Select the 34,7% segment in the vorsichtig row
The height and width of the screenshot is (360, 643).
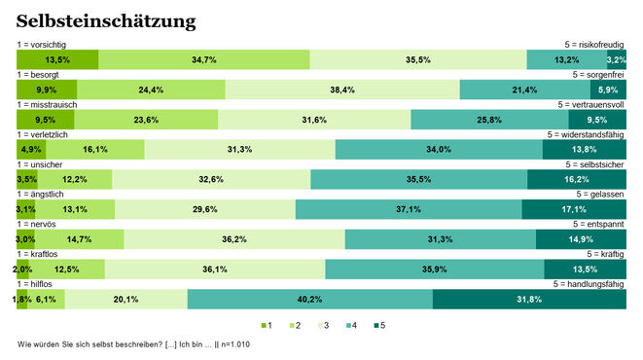click(x=204, y=60)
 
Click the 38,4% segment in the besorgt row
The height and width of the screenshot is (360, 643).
click(x=341, y=90)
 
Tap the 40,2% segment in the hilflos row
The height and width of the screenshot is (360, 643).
click(x=309, y=299)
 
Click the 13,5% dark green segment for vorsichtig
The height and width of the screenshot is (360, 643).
click(x=57, y=60)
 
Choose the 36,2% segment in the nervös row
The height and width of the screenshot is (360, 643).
click(x=233, y=239)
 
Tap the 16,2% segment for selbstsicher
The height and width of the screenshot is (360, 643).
click(x=576, y=180)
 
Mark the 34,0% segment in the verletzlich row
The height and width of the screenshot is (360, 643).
click(x=438, y=150)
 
